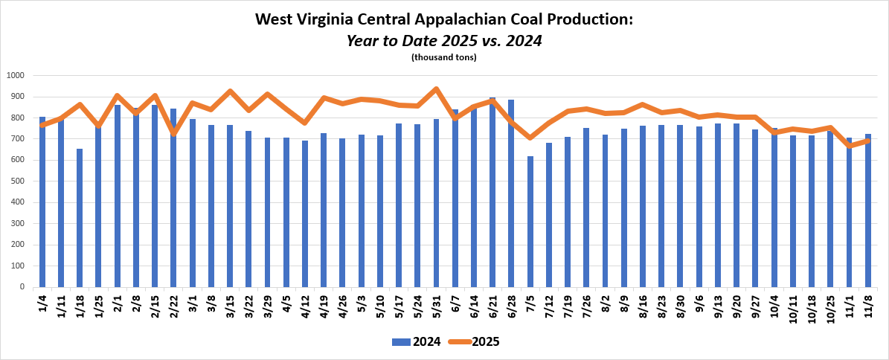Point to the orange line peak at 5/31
point(436,89)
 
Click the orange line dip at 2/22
point(173,133)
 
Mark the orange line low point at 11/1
point(849,146)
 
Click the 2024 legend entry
point(416,342)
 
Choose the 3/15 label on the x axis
point(230,305)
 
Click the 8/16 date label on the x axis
point(642,305)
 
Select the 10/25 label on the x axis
point(830,307)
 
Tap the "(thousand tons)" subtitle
point(444,57)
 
